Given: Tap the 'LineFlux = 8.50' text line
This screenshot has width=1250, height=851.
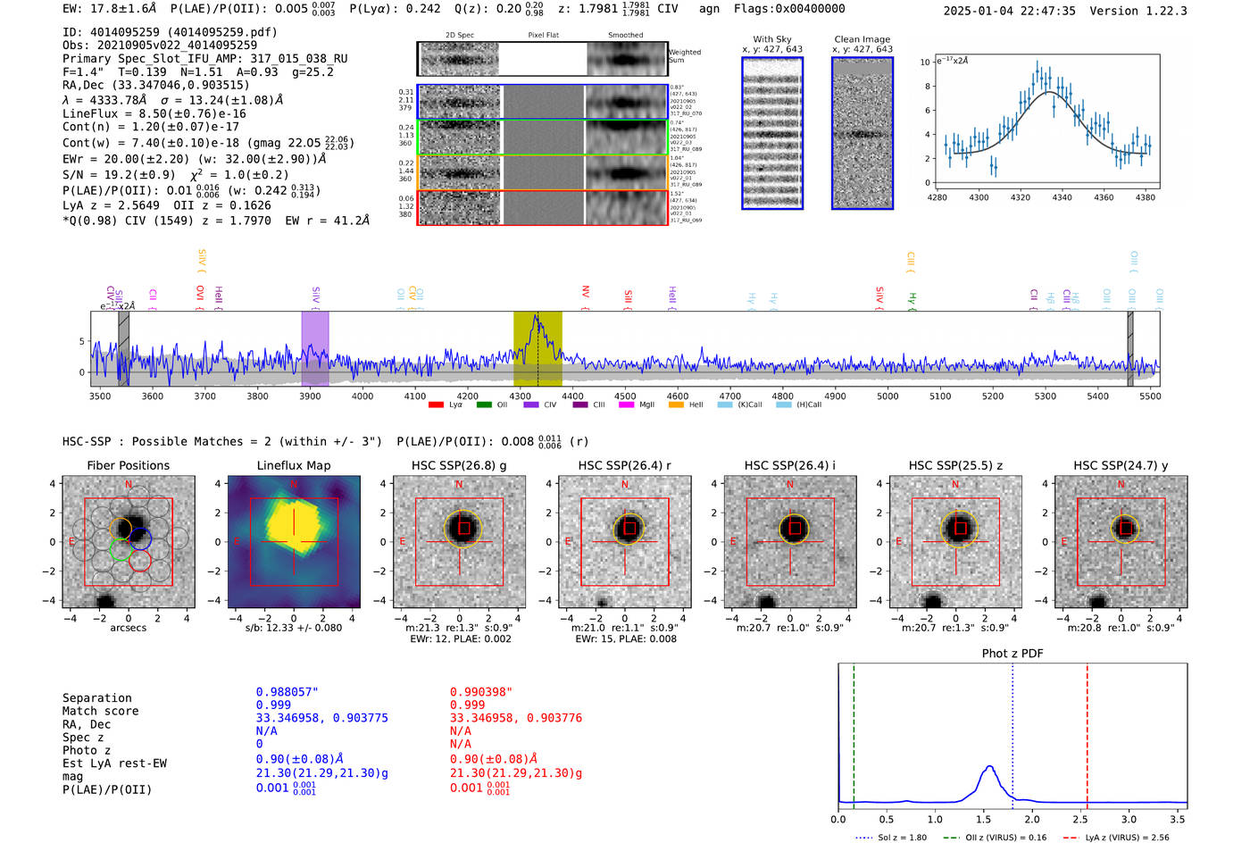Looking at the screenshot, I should (154, 113).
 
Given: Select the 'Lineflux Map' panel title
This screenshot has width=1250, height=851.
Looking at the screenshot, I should (293, 465).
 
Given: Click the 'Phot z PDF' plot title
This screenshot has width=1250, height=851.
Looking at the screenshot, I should (1012, 653).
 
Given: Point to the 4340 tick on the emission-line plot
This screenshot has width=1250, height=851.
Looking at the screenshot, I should (1062, 197).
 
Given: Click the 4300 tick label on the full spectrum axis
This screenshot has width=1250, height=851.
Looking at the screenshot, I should (520, 396).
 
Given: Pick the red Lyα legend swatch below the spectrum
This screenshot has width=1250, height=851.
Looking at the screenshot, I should (436, 405).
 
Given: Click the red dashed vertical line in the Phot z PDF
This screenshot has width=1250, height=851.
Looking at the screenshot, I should (1087, 732).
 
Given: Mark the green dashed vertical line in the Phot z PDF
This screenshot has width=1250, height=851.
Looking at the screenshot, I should (854, 732).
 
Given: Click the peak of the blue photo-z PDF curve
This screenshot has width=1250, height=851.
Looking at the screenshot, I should (988, 766).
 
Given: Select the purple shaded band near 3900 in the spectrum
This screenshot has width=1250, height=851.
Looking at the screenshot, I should (314, 348).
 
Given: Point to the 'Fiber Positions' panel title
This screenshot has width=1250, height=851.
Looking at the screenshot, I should (128, 465).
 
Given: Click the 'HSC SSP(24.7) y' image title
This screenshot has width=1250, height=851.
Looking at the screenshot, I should (1121, 465).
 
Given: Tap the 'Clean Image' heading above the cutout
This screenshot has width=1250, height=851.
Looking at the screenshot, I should (862, 39).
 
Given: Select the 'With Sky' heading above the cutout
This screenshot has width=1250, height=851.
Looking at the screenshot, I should (771, 39).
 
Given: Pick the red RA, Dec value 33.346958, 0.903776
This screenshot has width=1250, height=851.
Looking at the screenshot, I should (515, 718).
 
